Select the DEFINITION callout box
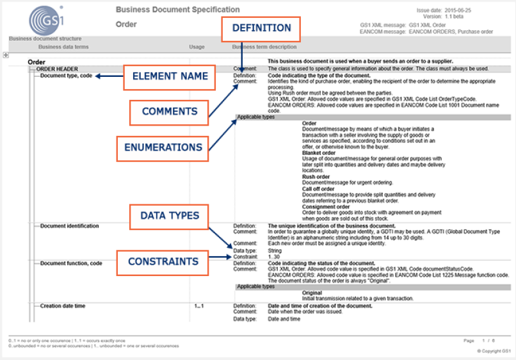coord(261,28)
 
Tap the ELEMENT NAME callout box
coord(170,76)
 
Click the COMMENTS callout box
coord(170,112)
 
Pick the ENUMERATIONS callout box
coord(163,147)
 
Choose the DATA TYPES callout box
coord(169,217)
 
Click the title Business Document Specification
coord(178,10)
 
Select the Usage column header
coord(197,47)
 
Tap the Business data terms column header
coord(63,47)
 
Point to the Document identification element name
coord(69,226)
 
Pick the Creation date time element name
coord(63,306)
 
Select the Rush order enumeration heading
coord(316,177)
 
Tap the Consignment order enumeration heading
coord(327,206)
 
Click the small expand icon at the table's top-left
coord(6,56)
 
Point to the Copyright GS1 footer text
coord(496,351)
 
